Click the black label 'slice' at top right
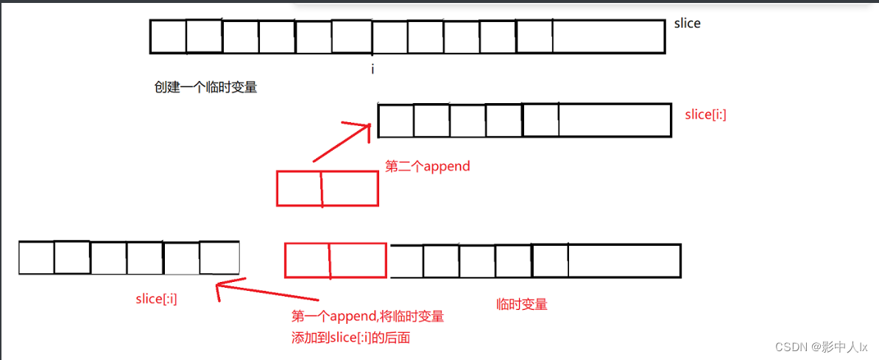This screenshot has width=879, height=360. tap(687, 24)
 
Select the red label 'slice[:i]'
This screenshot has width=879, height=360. tap(156, 298)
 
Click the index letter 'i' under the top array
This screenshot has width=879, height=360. tap(373, 69)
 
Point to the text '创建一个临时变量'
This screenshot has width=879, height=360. tap(205, 88)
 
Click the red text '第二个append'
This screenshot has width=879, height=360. tap(428, 166)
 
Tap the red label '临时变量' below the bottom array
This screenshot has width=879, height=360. tap(522, 303)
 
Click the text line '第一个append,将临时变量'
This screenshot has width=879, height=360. tap(367, 317)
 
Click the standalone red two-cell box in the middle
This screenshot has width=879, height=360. tap(327, 188)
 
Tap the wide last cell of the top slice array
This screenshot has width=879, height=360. tap(608, 37)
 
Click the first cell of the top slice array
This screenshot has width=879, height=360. tap(168, 37)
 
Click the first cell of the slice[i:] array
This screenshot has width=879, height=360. tap(396, 121)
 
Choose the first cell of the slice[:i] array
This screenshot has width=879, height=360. tap(37, 258)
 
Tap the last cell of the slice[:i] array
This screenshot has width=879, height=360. tap(219, 258)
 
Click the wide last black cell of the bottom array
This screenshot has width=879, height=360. tap(624, 261)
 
